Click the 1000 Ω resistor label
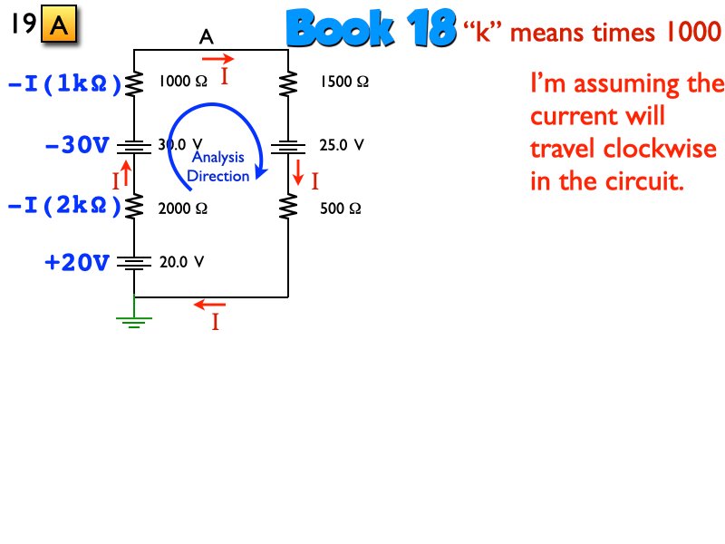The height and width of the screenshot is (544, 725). (x=183, y=82)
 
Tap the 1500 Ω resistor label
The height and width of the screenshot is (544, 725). (x=343, y=82)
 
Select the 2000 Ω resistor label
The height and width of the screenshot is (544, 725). (x=183, y=208)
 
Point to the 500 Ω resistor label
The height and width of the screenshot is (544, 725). (x=341, y=208)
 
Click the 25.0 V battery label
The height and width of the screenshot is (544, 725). (x=342, y=144)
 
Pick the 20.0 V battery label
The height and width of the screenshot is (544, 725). (x=182, y=262)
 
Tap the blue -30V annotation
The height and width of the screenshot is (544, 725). (x=76, y=144)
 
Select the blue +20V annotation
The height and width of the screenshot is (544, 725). (x=77, y=263)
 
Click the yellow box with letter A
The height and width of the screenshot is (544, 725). (x=59, y=27)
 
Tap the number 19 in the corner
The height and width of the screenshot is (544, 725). (x=24, y=24)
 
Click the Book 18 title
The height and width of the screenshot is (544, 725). (x=370, y=30)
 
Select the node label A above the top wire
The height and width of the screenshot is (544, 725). (x=207, y=37)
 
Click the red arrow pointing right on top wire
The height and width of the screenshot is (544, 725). (x=217, y=58)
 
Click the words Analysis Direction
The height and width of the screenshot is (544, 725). (x=217, y=167)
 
